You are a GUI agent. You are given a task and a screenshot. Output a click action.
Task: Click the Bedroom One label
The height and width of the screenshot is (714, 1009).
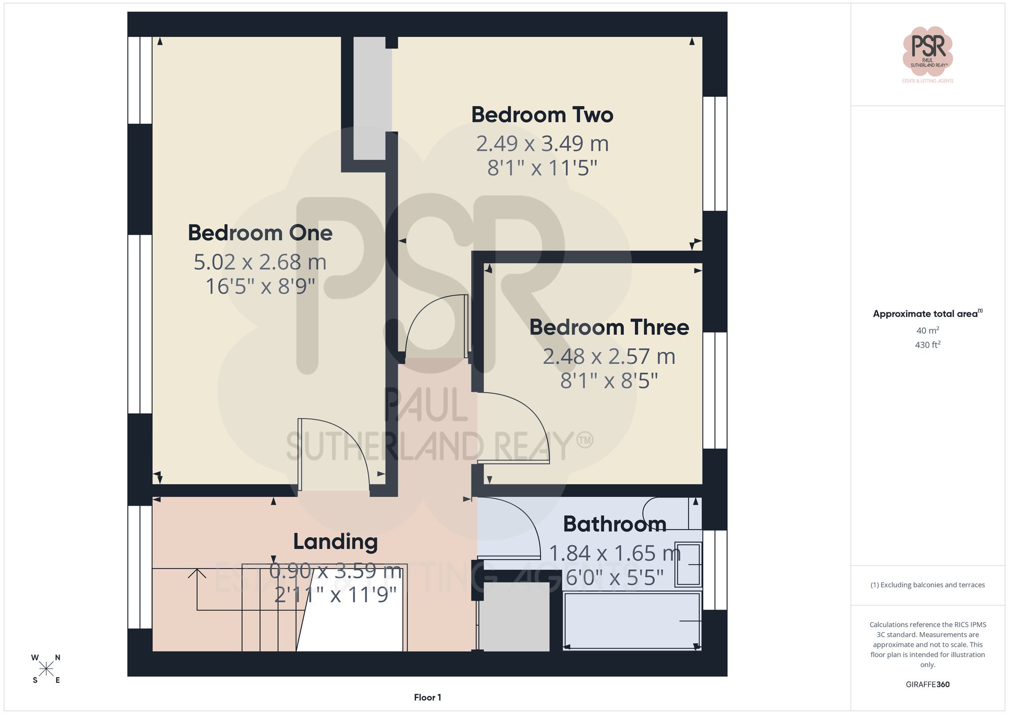(260, 233)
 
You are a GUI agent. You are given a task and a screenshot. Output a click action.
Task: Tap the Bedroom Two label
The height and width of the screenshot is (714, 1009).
(542, 115)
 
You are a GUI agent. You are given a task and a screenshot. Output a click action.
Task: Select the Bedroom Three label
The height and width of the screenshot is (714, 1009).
(609, 327)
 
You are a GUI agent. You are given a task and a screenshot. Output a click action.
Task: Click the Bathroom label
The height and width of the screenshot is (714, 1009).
(614, 524)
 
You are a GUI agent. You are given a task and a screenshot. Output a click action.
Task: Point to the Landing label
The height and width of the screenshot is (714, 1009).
(335, 542)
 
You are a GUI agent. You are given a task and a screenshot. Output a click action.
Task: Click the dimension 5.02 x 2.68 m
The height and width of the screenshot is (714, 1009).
(260, 262)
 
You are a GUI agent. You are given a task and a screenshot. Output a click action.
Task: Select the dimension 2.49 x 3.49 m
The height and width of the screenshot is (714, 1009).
(542, 144)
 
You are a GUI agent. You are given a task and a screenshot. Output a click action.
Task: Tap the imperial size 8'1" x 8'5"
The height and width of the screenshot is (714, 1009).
(609, 381)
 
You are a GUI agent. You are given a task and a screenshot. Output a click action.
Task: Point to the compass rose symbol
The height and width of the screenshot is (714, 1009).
(46, 669)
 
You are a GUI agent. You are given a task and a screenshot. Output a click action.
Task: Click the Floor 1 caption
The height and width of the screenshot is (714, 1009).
(427, 697)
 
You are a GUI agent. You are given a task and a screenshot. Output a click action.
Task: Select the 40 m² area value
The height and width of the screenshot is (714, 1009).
(927, 331)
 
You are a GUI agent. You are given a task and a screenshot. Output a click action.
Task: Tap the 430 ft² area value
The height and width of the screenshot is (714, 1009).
(927, 345)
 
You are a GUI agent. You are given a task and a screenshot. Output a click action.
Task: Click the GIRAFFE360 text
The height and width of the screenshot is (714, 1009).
(927, 684)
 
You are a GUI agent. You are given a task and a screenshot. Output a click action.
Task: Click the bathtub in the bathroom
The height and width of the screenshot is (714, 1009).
(632, 621)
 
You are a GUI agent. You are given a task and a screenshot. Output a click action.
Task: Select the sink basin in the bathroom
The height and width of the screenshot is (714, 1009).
(688, 565)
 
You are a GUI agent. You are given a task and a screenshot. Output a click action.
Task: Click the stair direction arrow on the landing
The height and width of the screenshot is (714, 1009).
(197, 575)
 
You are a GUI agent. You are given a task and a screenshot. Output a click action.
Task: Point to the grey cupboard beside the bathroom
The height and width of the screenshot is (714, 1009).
(514, 616)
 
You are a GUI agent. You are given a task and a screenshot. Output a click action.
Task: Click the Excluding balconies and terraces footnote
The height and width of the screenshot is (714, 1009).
(927, 585)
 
